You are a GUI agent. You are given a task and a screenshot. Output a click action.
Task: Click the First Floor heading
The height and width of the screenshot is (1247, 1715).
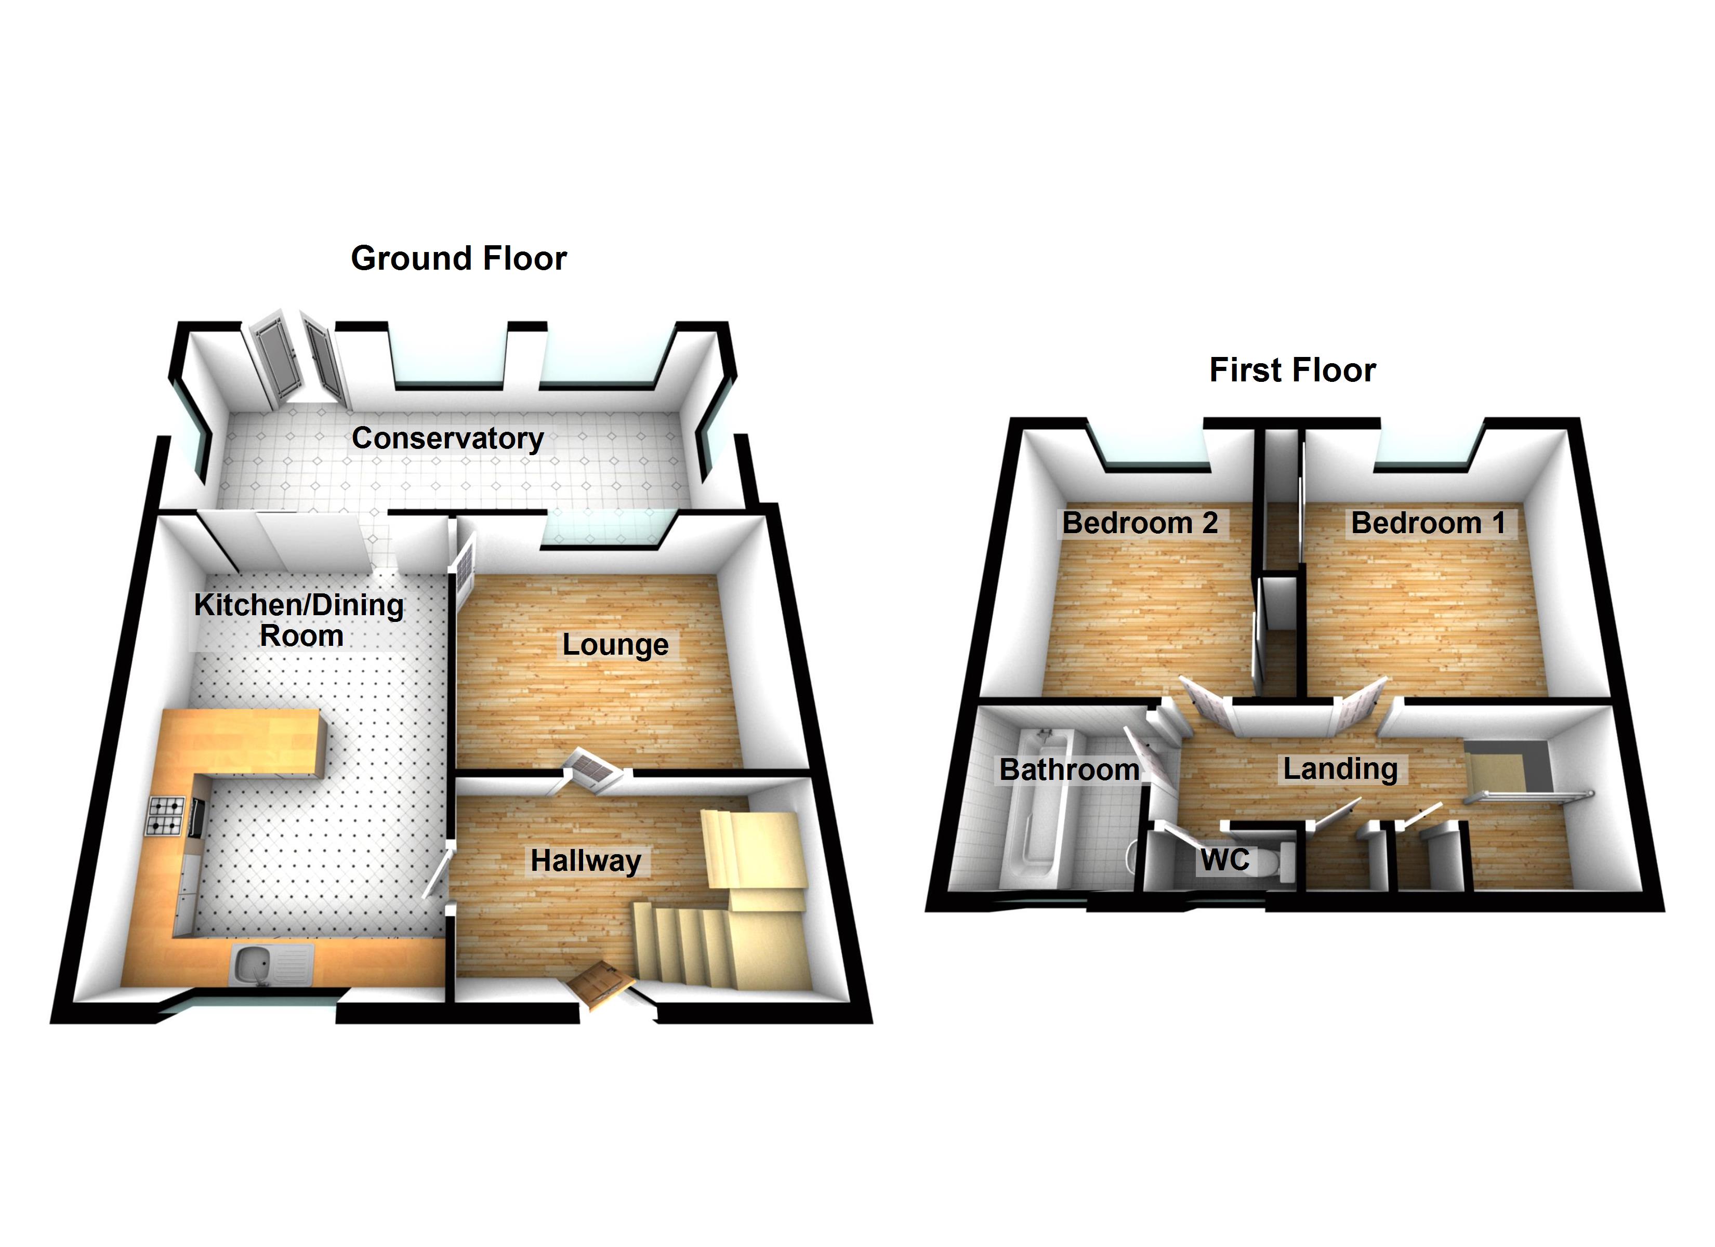coord(1292,370)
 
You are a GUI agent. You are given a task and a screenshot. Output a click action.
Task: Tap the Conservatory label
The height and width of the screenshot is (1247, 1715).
coord(447,439)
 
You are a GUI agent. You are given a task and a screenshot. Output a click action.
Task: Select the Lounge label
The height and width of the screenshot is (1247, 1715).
coord(615,645)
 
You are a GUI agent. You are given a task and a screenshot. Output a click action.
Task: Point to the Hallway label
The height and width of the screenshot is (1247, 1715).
coord(585,860)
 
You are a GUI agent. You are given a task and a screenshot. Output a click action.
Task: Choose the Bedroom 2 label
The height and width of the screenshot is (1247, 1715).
coord(1140,523)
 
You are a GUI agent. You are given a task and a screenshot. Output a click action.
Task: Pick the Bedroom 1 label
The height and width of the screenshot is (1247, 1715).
coord(1428,523)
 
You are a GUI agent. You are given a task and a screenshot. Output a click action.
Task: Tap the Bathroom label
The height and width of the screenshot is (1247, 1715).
coord(1068,770)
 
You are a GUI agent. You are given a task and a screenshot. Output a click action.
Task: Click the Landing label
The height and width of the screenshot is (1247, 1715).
coord(1340,769)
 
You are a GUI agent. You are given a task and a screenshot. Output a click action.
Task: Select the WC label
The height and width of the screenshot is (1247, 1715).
coord(1225,860)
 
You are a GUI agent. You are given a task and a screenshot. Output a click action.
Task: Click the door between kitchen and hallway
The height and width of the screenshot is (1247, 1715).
coord(437,873)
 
